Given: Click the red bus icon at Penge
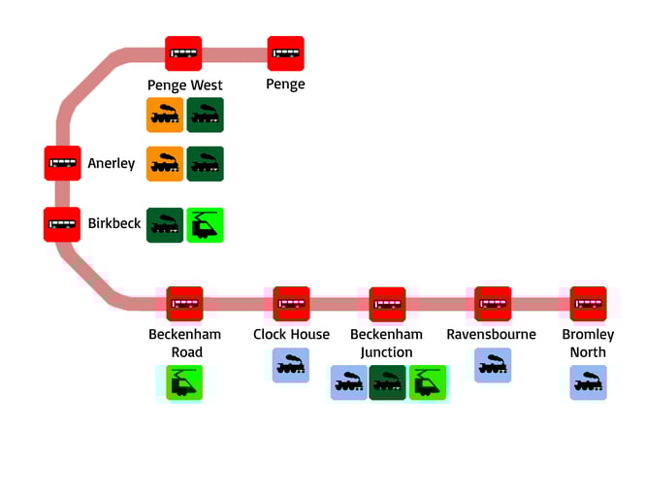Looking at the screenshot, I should pos(285,53).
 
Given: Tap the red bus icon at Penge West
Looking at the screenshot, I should pos(183,53).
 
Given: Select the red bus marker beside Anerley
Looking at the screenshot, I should pos(62,163).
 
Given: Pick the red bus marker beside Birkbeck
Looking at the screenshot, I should pos(62,224).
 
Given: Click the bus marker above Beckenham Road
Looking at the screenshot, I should pos(184,304).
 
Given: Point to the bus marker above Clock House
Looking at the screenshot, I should pos(291,304).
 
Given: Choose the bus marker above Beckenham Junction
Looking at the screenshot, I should pos(387,304).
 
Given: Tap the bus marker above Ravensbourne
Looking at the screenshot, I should pos(493,304).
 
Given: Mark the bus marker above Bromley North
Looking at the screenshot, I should pos(588,304).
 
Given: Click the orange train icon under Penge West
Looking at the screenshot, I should pos(165,115).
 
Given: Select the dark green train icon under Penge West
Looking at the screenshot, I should pos(206,115).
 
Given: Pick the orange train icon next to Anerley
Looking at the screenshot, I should pos(165,163).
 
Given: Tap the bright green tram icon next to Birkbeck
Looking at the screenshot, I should pos(206,224).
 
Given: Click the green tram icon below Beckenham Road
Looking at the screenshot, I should pos(184,382).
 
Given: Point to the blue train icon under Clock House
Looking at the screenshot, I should pos(291,365).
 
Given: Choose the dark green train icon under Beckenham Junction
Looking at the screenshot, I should pos(387,382).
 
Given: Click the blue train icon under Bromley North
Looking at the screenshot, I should pos(588,382).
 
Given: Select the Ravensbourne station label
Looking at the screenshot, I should pos(491,335).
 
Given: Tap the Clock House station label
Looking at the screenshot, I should pos(291,335).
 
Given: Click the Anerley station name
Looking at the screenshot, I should pos(112,163).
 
